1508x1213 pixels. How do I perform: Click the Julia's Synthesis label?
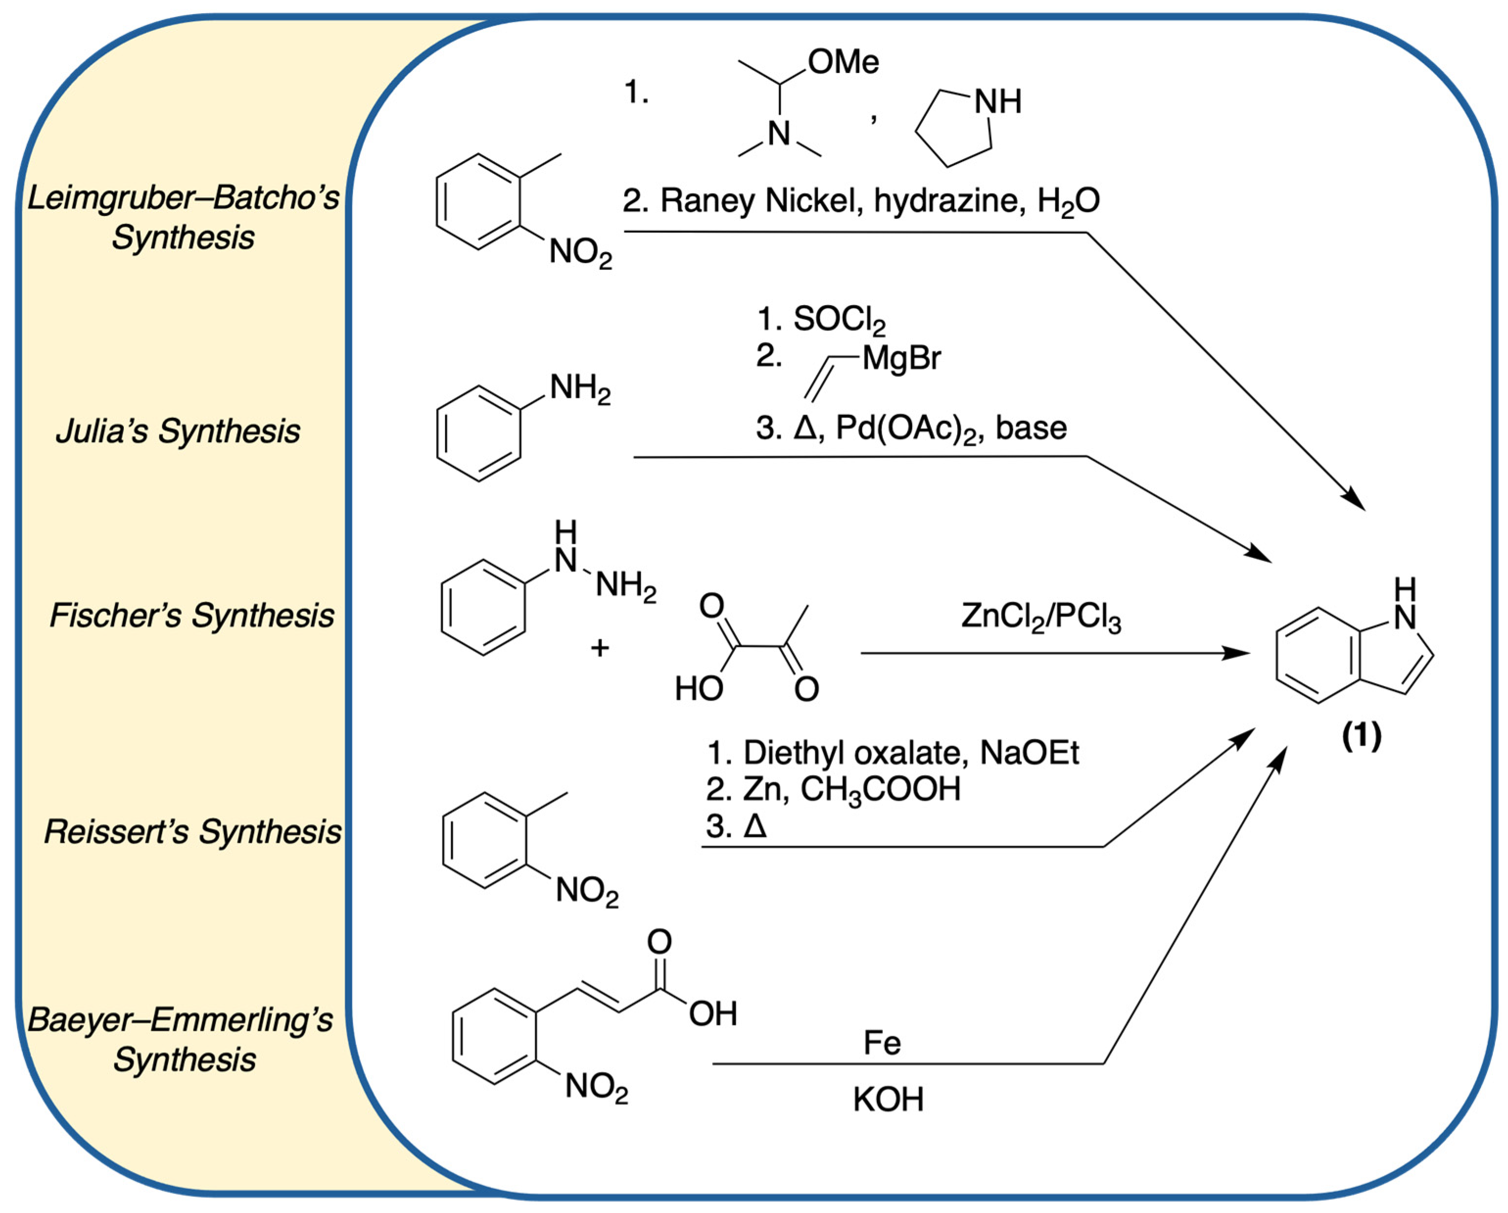pos(178,431)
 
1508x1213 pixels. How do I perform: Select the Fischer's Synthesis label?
pos(191,616)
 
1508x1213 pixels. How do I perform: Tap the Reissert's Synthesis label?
pos(192,832)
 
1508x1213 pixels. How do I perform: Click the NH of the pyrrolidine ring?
pos(998,102)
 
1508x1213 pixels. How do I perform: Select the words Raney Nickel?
pos(757,201)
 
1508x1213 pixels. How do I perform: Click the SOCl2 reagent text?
pos(839,320)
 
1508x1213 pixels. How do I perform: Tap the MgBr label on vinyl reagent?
pos(901,358)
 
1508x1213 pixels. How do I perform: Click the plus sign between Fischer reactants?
pos(599,648)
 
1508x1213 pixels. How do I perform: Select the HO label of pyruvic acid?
pos(698,689)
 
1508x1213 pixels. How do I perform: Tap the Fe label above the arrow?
pos(882,1043)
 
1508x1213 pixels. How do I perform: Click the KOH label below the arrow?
pos(888,1100)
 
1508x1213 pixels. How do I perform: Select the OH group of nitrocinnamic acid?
pos(713,1014)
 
